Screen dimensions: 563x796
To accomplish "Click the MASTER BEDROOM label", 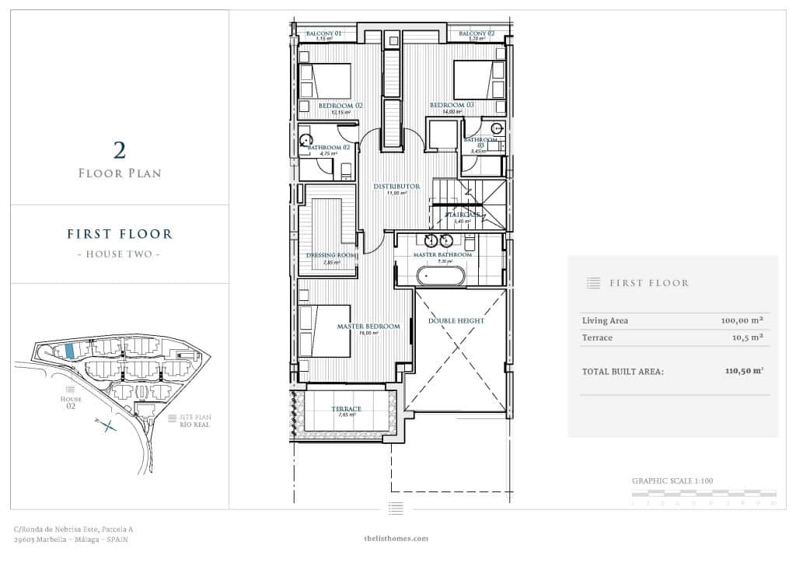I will (x=368, y=327).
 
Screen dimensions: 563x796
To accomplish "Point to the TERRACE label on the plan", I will (x=346, y=409).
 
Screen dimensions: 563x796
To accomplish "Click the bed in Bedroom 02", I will (x=325, y=81).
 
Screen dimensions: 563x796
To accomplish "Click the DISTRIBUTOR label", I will (x=396, y=187).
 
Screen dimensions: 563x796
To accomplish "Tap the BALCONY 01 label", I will (x=324, y=34).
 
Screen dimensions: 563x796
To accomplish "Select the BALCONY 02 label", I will (x=477, y=34).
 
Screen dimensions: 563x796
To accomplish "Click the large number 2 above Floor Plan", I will (x=120, y=150).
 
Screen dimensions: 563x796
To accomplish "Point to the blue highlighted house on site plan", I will (x=70, y=351).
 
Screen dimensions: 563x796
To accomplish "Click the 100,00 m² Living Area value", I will (x=741, y=320).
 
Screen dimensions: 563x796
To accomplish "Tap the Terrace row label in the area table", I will (x=597, y=337).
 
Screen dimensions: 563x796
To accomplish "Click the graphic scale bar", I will (x=703, y=493).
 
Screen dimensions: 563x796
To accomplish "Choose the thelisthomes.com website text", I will (x=396, y=538).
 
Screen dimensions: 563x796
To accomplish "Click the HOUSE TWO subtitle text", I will (x=120, y=254).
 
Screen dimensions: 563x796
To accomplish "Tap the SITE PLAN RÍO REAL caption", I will (x=195, y=421).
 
